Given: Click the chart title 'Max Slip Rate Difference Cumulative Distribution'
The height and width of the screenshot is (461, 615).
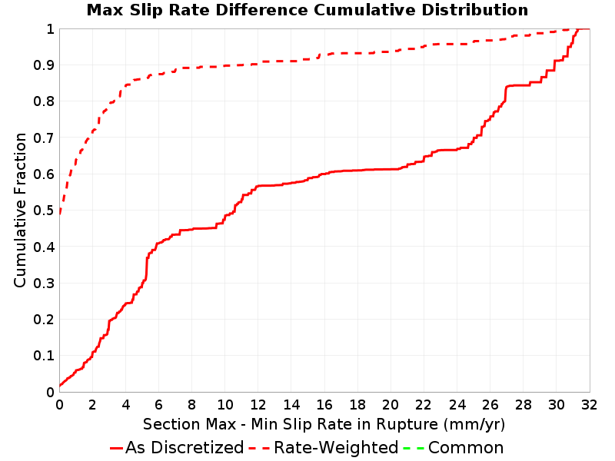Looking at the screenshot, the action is tap(307, 10).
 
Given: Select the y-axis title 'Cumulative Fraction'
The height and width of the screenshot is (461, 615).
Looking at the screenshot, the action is tap(20, 210).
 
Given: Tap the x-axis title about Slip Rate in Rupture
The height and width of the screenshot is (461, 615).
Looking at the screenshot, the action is tap(324, 424).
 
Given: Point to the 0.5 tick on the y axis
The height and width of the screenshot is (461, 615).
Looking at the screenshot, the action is tap(44, 210).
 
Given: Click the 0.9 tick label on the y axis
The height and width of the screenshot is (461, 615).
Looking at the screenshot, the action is tap(44, 65).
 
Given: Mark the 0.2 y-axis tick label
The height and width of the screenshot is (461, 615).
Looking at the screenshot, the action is tap(44, 319).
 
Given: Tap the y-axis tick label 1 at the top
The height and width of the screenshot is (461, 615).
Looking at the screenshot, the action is tap(50, 28).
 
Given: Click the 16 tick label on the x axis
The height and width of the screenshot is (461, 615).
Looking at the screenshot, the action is tap(324, 405).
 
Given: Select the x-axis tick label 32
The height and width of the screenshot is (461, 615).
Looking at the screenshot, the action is tap(589, 405).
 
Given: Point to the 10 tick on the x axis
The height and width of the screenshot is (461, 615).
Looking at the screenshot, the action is tap(224, 405).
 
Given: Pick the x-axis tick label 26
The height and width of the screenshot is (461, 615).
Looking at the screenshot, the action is tap(490, 405).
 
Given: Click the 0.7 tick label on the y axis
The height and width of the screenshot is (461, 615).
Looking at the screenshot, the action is tap(44, 138).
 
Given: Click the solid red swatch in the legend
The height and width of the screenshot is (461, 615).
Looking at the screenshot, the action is tap(117, 448).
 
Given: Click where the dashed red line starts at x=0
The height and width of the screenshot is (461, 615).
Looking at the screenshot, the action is tap(60, 214).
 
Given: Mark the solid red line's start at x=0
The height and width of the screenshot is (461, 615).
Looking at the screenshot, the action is tap(60, 386).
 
